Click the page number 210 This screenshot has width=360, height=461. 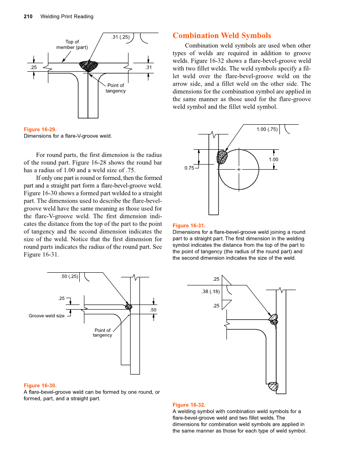coord(28,17)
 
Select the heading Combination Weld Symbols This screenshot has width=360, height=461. coord(222,36)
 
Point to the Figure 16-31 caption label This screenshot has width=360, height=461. coord(189,226)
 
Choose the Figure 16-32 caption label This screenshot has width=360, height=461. coord(189,405)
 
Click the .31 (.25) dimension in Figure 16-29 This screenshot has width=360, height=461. coord(120,37)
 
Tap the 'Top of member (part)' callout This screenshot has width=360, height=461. coord(72,45)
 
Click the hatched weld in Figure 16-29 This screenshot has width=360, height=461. coord(89,66)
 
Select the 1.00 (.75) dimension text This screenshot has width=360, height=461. coord(267,129)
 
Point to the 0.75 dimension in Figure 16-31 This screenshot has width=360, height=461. coord(189,168)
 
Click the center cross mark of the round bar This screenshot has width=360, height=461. coord(239,169)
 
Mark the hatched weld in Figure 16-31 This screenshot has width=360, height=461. coord(222,157)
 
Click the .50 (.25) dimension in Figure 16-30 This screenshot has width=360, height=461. coord(69,277)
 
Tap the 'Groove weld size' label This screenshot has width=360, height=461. coord(47,316)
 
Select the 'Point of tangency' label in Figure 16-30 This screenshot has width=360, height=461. coord(103,333)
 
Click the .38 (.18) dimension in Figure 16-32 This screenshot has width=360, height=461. coord(210,291)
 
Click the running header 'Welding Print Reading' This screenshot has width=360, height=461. coord(67,17)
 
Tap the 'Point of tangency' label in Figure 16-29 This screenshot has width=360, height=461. coord(116,88)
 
